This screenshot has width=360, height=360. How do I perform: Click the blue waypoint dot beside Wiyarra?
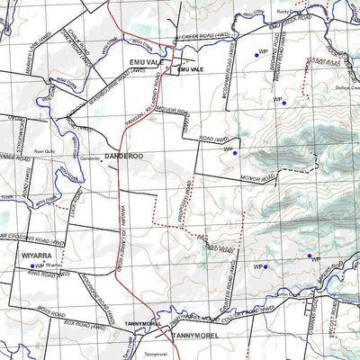(x=32, y=266)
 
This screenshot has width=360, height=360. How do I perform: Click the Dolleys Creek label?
(x=343, y=86)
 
